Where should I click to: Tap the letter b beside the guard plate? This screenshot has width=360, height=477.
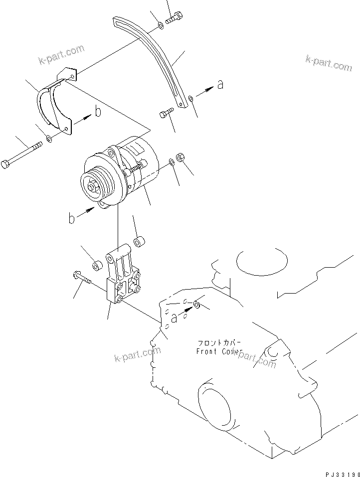click(x=98, y=112)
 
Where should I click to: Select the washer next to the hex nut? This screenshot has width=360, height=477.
click(x=172, y=161)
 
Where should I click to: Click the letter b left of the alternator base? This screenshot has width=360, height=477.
click(x=72, y=218)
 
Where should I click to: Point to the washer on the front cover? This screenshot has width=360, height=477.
click(x=197, y=304)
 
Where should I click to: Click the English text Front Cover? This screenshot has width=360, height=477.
click(x=219, y=351)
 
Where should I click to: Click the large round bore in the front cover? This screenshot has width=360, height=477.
click(x=214, y=404)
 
